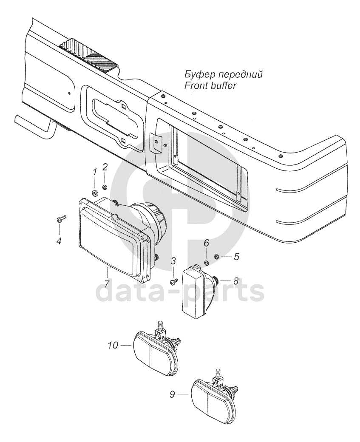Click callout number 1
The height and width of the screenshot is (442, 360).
pyautogui.click(x=95, y=173)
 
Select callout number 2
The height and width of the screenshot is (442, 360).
pyautogui.click(x=105, y=167)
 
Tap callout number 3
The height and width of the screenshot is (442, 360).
pyautogui.click(x=173, y=261)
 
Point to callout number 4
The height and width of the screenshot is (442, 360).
pyautogui.click(x=59, y=241)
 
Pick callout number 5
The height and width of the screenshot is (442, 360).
pyautogui.click(x=236, y=257)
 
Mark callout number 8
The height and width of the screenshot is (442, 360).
pyautogui.click(x=235, y=281)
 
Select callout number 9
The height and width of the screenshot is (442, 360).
pyautogui.click(x=172, y=395)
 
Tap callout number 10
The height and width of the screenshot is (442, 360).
pyautogui.click(x=113, y=346)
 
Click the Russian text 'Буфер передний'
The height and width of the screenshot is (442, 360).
pyautogui.click(x=223, y=75)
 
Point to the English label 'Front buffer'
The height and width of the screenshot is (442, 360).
pyautogui.click(x=210, y=85)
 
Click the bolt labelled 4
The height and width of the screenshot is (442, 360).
pyautogui.click(x=60, y=219)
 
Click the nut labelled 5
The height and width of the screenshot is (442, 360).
pyautogui.click(x=216, y=257)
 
